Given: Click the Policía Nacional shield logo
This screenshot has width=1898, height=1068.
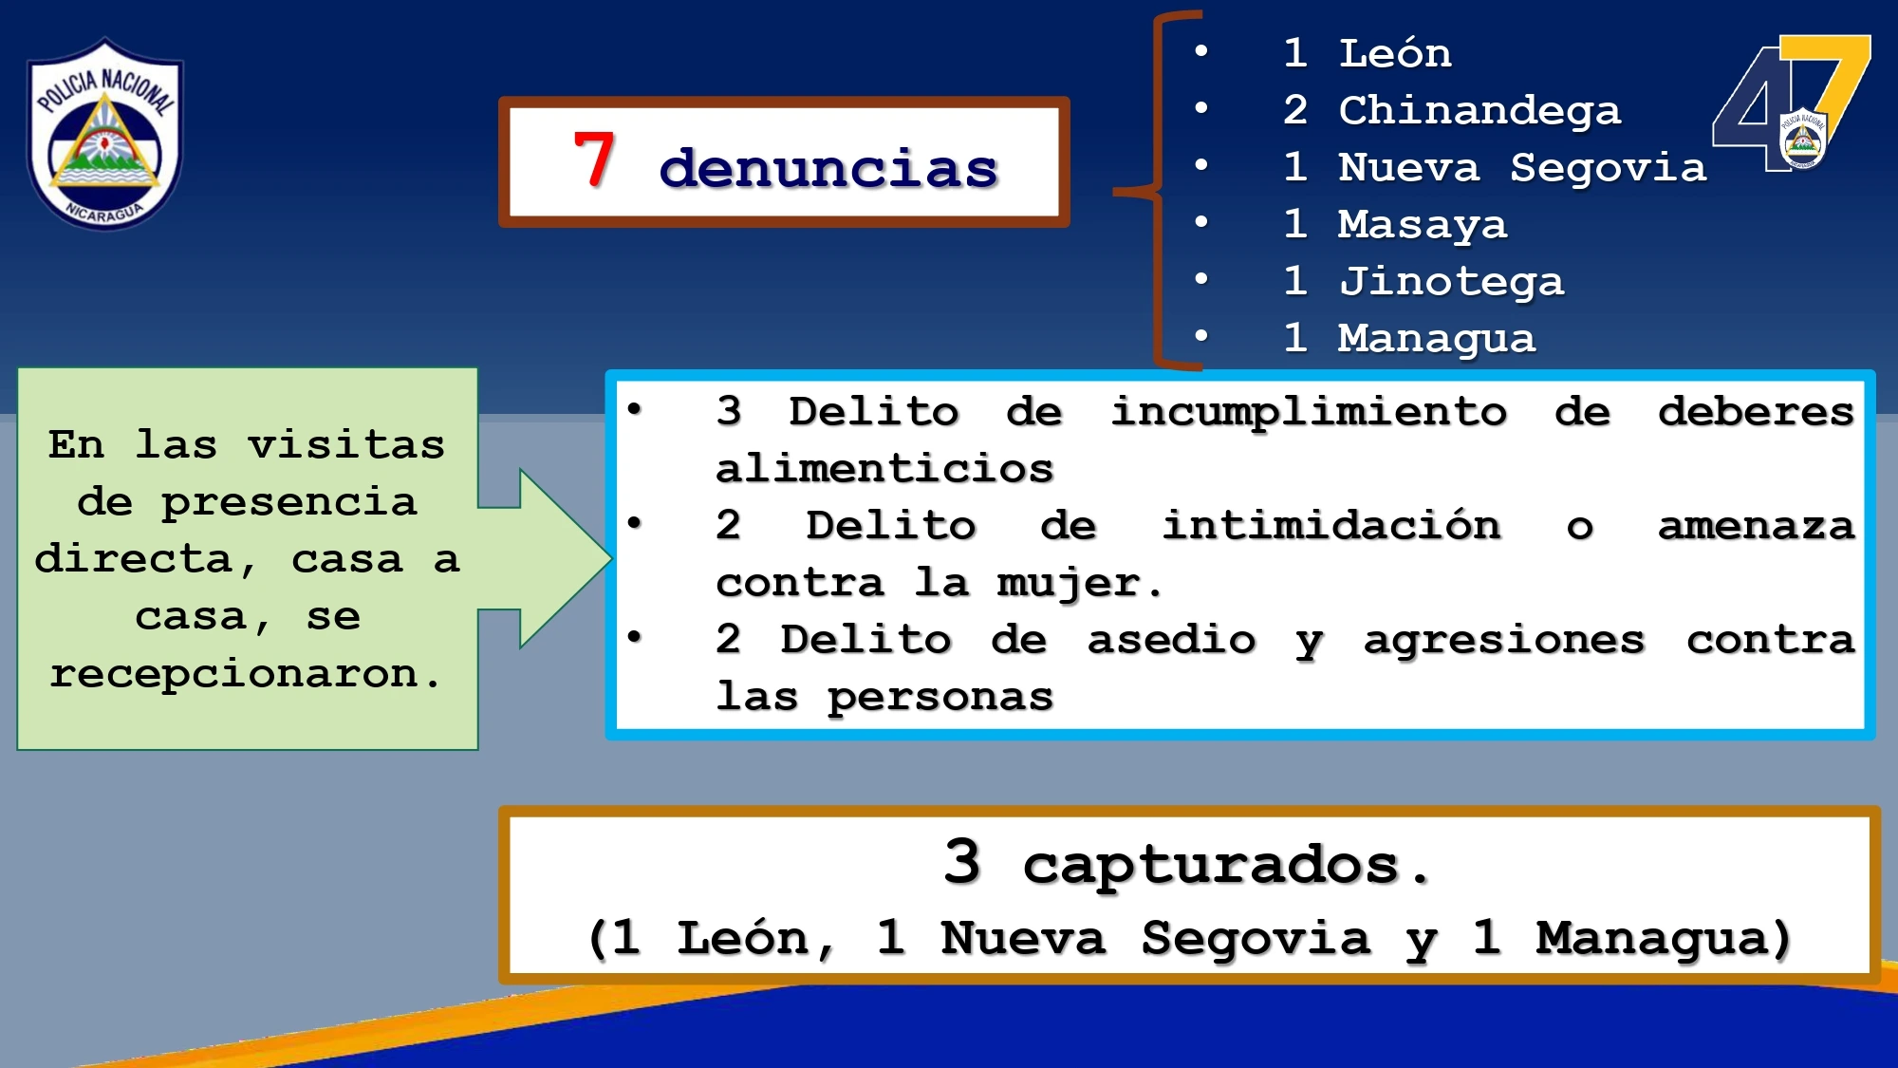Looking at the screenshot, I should pos(104,134).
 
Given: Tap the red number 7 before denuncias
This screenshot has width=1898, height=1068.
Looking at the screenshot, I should pos(594,160).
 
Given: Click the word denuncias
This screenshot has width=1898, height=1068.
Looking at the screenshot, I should pos(828,168).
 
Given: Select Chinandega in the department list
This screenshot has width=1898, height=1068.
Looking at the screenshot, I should pos(1479,111).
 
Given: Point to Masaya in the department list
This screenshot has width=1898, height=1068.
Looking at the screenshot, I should pos(1422,225).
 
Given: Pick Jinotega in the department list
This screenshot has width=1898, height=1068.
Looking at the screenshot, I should pos(1450,282).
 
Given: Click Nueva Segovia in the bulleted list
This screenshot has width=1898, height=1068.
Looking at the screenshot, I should pos(1521,168).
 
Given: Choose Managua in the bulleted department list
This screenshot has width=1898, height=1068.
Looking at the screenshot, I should pos(1436,339).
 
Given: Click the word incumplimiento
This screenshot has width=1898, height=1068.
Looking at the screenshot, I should pos(1309,412).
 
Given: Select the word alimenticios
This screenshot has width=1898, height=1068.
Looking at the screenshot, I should pos(884,469).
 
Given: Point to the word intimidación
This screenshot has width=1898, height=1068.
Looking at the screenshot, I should pos(1331,526).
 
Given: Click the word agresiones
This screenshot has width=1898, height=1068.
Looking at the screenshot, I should pos(1503,640).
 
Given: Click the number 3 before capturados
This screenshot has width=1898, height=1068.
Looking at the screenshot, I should pos(962,862).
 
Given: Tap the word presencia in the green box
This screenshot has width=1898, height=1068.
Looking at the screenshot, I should pos(288,502).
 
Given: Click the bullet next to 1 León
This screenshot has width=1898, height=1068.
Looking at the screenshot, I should pos(1201,51).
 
